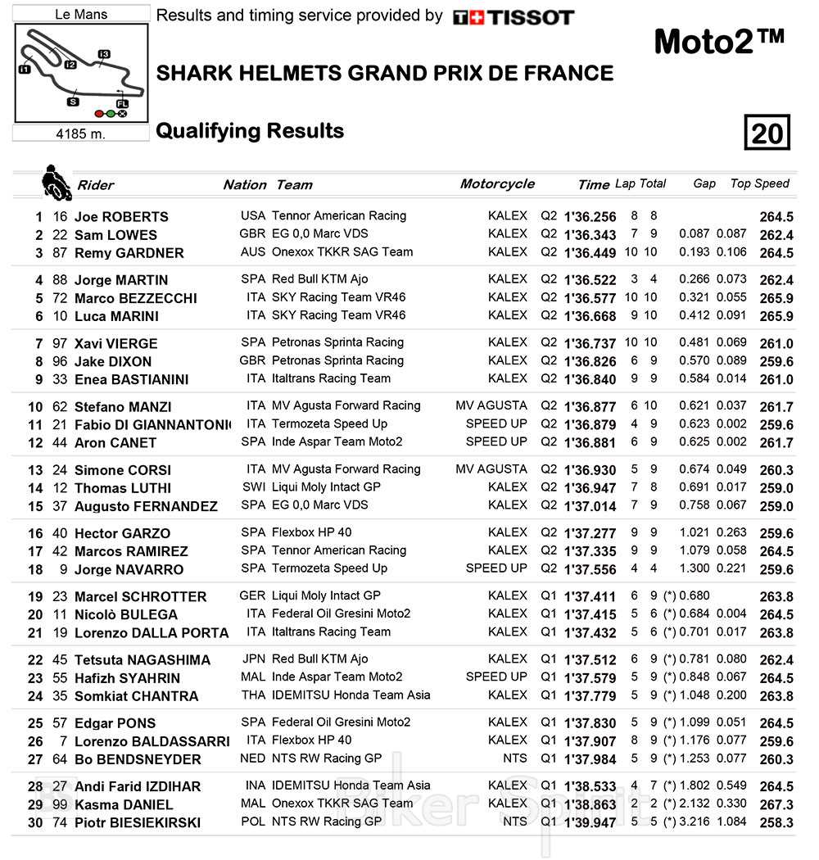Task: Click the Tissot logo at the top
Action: pos(514,17)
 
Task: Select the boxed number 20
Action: pos(767,133)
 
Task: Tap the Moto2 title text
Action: pos(719,43)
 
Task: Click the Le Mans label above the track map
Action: pos(81,14)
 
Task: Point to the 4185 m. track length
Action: pos(80,134)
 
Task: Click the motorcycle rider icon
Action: pos(57,183)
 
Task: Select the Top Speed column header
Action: pos(759,183)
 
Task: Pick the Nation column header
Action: pos(245,185)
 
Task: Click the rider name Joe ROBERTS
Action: pos(121,217)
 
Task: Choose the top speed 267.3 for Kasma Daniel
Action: pos(776,805)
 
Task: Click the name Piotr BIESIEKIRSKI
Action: pos(138,823)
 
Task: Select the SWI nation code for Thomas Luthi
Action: pos(253,487)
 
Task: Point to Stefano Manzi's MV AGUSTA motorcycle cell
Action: pos(491,405)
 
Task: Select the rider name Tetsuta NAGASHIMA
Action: pos(143,660)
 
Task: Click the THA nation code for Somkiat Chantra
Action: pos(253,695)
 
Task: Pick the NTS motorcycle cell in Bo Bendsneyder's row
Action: pos(515,758)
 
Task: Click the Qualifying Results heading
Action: pos(250,131)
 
